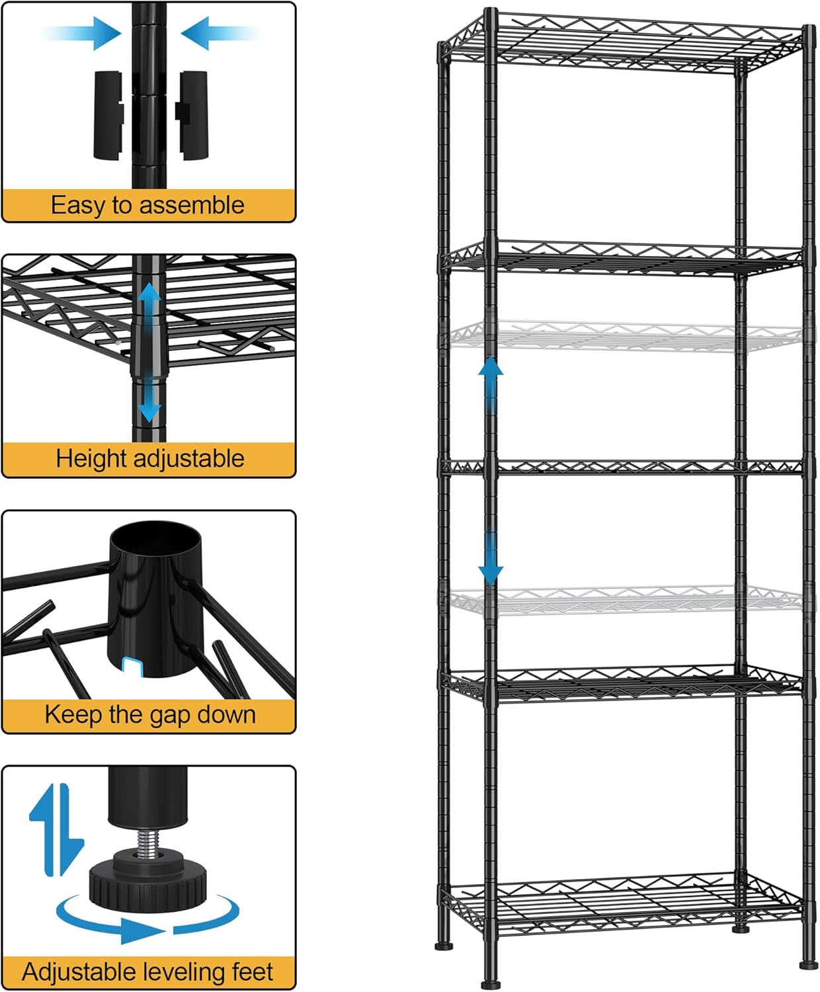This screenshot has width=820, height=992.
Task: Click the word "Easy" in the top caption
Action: pyautogui.click(x=77, y=206)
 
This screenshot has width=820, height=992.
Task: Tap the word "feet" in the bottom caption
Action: pyautogui.click(x=252, y=972)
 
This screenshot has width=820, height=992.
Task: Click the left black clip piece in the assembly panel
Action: pyautogui.click(x=108, y=115)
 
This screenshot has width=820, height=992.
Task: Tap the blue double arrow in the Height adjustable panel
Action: pyautogui.click(x=149, y=354)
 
